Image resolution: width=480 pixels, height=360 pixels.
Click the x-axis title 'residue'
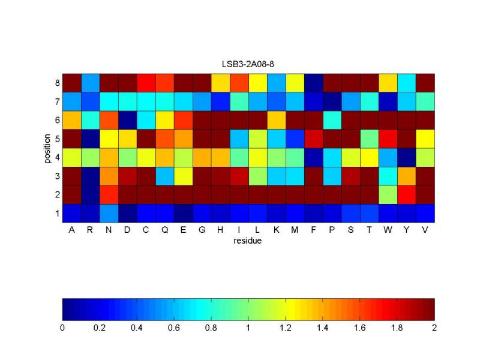[248, 241]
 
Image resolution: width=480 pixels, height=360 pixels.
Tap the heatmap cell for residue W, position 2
[388, 194]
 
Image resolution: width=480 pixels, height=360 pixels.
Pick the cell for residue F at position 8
[313, 83]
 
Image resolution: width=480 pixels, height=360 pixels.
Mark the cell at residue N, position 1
[109, 213]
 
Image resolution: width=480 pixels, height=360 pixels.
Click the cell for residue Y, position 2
[406, 194]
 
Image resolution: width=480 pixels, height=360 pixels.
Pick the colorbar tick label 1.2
[286, 328]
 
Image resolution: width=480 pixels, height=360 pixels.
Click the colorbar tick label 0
[62, 328]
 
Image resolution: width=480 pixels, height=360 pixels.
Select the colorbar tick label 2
[434, 328]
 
